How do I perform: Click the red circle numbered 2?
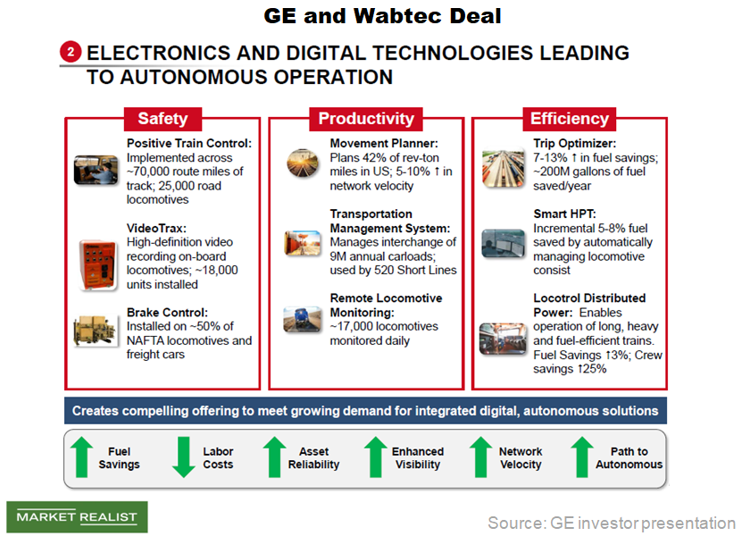[x=71, y=53]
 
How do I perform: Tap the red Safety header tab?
[x=162, y=118]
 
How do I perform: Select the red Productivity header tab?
[x=366, y=118]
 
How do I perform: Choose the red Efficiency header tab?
[x=569, y=118]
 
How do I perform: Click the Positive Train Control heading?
[x=189, y=143]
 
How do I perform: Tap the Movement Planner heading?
[x=384, y=143]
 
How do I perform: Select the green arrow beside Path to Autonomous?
[x=581, y=457]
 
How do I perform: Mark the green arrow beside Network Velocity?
[x=481, y=457]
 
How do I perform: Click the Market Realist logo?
[x=77, y=517]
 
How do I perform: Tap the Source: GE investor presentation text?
[x=611, y=522]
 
